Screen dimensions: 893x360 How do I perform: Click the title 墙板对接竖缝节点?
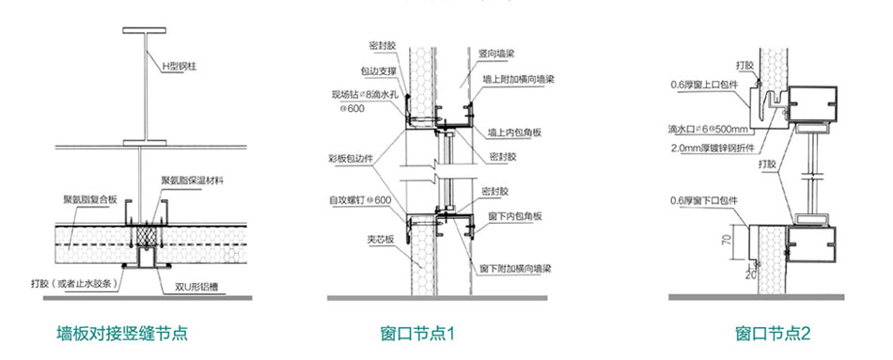coord(116,334)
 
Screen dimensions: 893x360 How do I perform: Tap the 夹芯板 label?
coord(366,238)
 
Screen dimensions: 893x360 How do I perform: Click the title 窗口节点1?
coord(418,334)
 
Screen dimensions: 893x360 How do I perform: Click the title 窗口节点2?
coord(773,334)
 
